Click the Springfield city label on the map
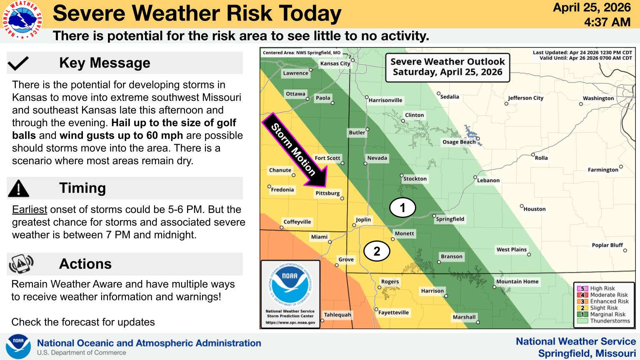tap(450, 219)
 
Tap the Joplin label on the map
tap(363, 220)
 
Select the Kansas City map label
tap(335, 63)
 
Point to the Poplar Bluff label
tap(607, 245)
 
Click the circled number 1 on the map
tap(402, 208)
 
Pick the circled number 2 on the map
tap(377, 251)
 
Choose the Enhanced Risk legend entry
tap(603, 301)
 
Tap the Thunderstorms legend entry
tap(603, 321)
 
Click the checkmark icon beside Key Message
tap(18, 63)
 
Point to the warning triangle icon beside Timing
tap(18, 188)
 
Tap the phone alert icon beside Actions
tap(21, 264)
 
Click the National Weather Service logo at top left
tap(22, 20)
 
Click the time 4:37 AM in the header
tap(607, 22)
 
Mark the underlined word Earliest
tap(30, 210)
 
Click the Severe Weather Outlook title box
tap(448, 67)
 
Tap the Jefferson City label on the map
tap(526, 98)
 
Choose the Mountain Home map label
tap(517, 281)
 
